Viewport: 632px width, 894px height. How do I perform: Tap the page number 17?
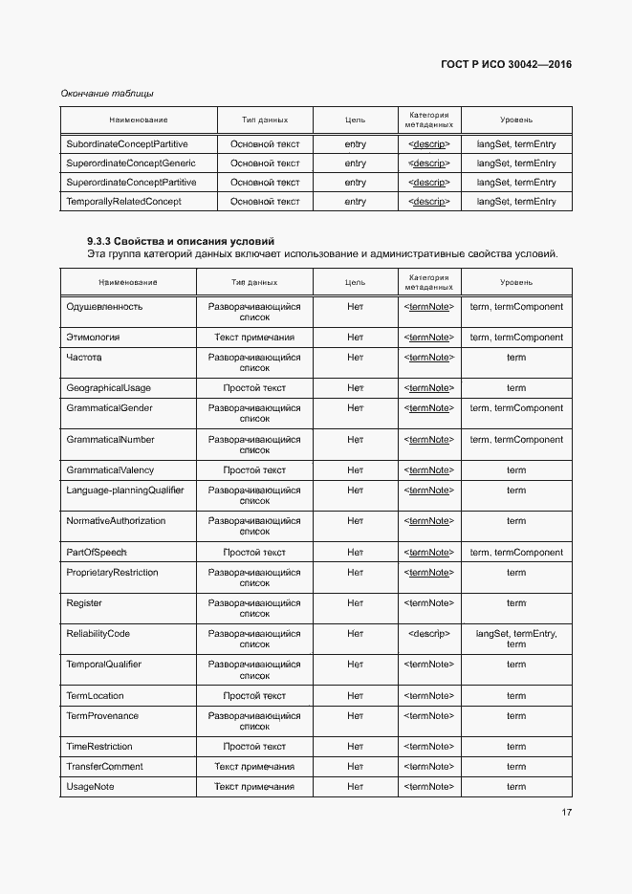[566, 813]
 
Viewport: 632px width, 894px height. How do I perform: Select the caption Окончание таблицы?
[107, 94]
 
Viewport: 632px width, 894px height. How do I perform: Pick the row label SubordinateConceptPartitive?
[127, 144]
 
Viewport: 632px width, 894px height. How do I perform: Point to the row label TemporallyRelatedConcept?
[123, 202]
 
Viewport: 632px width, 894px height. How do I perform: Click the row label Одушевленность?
[104, 307]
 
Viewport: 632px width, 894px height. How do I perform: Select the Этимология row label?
[93, 338]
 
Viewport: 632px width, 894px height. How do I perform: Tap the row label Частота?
[84, 358]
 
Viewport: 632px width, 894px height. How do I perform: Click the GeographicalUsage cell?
[109, 388]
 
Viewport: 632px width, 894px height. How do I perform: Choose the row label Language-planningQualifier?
[125, 491]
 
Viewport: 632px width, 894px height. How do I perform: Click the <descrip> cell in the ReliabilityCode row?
[428, 634]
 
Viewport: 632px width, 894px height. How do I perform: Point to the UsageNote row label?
[90, 787]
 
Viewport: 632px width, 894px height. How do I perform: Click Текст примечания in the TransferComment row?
[254, 767]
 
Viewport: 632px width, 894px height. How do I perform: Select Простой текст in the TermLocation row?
[254, 696]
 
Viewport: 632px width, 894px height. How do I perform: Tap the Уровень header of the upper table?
[516, 120]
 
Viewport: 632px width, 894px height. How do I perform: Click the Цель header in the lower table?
[355, 282]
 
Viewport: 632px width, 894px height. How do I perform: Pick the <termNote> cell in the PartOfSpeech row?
[428, 553]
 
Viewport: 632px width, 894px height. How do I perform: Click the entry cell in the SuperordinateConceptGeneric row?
[355, 164]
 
